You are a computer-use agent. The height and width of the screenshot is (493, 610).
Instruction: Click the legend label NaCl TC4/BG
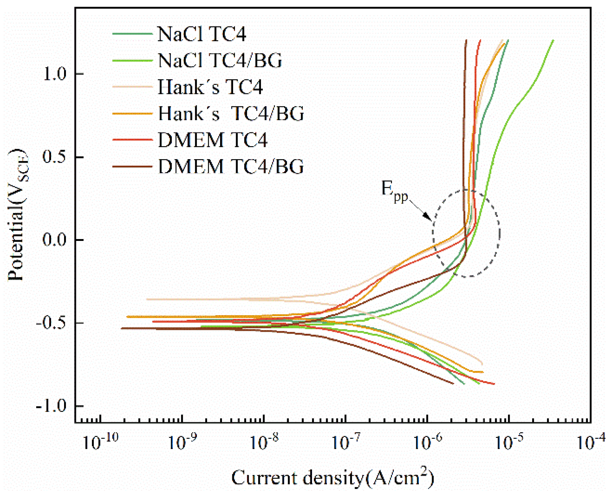click(x=219, y=60)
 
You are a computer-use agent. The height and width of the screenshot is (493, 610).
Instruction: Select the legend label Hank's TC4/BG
click(x=231, y=114)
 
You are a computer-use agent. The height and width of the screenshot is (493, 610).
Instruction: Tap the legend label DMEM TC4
click(x=212, y=140)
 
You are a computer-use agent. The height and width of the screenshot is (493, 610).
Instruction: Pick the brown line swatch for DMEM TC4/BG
click(x=132, y=167)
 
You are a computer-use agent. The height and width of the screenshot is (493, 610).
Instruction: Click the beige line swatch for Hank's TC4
click(x=132, y=87)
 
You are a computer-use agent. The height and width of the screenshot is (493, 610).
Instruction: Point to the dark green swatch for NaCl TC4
click(x=132, y=34)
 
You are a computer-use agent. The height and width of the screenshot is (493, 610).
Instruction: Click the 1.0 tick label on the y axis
click(x=54, y=74)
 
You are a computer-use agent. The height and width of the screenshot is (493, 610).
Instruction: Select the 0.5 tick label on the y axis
click(x=54, y=157)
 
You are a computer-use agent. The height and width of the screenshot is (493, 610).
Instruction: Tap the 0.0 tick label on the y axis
click(x=54, y=240)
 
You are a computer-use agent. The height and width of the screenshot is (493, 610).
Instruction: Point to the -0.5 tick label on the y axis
click(x=51, y=323)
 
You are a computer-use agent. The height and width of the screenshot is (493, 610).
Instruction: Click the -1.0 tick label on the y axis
click(x=51, y=406)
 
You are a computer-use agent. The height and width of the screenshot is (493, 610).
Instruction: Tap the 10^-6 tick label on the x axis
click(x=428, y=442)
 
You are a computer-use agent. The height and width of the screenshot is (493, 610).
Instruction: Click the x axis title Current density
click(x=332, y=477)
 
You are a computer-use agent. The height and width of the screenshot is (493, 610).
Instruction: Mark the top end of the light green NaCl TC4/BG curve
click(x=553, y=40)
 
